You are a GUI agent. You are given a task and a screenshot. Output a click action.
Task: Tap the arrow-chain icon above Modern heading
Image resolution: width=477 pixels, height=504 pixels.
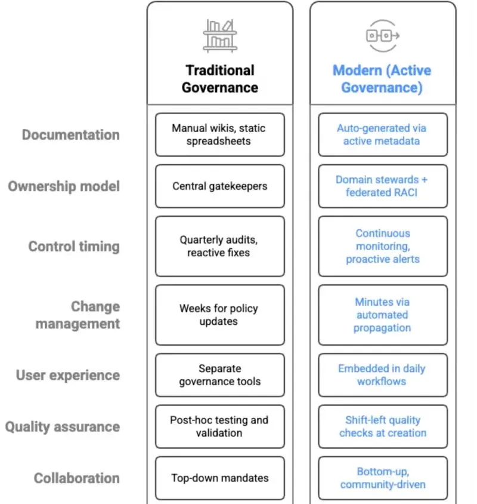coord(382,35)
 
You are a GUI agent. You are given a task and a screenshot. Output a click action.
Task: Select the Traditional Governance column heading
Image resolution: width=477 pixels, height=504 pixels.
coord(219,79)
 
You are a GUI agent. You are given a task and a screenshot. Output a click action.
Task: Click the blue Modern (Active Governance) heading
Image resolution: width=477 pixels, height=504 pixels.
coord(382,79)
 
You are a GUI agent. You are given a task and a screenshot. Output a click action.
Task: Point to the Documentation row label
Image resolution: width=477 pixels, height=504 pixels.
coord(71,135)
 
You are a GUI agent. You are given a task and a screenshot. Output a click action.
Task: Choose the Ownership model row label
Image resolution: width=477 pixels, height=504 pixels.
coord(64,186)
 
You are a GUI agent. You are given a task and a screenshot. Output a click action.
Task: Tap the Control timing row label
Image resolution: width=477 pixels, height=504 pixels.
coord(74,247)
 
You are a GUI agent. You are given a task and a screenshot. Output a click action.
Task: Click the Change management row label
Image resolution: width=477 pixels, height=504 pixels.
coord(79,315)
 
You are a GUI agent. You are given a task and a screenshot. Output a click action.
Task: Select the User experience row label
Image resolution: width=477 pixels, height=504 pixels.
coord(68,376)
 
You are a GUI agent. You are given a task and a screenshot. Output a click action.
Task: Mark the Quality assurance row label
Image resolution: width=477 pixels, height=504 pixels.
coord(63,427)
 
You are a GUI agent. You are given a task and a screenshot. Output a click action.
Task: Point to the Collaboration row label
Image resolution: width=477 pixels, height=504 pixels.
coord(77,478)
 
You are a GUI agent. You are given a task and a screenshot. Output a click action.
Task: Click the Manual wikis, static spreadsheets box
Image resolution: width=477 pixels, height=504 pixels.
coord(219,135)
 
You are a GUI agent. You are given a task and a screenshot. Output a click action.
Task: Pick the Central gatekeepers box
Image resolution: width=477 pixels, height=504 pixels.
coord(219,186)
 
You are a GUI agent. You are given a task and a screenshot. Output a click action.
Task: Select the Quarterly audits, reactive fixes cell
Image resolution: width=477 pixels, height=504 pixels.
coord(219,247)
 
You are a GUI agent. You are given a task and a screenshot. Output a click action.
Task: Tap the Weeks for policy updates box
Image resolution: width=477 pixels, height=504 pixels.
coord(219,315)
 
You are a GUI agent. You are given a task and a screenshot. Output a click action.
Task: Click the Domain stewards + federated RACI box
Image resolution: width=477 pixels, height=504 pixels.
coord(382,186)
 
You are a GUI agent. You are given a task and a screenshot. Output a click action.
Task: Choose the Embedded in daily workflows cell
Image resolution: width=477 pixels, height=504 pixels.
coord(382,375)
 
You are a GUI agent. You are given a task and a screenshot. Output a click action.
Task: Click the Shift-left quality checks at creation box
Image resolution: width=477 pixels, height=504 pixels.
coord(382,426)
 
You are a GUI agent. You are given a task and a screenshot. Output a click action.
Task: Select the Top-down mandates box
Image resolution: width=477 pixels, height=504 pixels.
coord(219,478)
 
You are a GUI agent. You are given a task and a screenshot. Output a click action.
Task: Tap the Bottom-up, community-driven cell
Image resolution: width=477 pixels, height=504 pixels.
coord(382,478)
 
